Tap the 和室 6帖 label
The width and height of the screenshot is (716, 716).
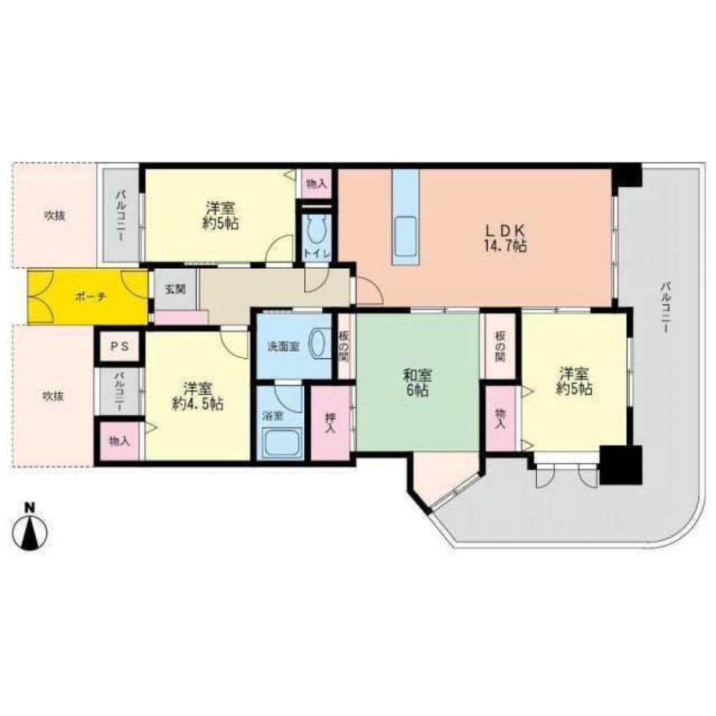[415, 382]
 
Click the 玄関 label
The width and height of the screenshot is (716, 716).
[175, 289]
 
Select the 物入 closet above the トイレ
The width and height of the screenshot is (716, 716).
[316, 184]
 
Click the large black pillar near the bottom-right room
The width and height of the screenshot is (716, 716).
[620, 465]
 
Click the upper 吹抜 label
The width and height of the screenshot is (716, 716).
[54, 215]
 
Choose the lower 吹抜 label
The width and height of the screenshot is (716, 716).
[52, 395]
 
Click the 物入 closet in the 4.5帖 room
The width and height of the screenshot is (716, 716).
[119, 441]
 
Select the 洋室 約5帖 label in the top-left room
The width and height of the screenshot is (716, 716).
[221, 215]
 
